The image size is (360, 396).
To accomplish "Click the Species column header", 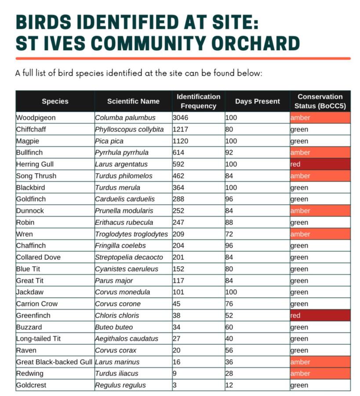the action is [x=55, y=101].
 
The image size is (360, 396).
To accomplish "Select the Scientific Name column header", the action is [x=133, y=101].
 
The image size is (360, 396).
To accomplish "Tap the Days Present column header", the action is [x=257, y=101].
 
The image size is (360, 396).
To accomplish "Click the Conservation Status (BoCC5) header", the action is [x=320, y=101].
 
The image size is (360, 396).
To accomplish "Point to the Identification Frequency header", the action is [x=198, y=101].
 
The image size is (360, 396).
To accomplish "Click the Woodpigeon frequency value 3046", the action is [x=180, y=117].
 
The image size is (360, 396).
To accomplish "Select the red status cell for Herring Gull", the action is [x=320, y=164].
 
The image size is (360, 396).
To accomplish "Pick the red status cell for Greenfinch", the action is [x=320, y=315].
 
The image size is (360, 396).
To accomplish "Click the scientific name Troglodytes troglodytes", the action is [x=131, y=234].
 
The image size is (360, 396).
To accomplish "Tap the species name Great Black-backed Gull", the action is [x=54, y=362].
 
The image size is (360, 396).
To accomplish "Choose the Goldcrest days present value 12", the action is [x=229, y=385].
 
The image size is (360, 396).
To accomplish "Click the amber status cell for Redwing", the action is [x=320, y=374].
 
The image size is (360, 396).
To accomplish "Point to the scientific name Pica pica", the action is [x=109, y=141].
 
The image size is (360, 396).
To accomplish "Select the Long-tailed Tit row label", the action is [x=38, y=339].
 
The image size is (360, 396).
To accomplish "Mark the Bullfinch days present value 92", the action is [x=229, y=153].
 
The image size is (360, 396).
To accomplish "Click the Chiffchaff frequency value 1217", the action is [x=180, y=129].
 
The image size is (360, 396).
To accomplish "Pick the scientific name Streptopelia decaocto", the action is [x=129, y=257].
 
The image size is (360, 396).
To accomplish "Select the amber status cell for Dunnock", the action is [x=320, y=211].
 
